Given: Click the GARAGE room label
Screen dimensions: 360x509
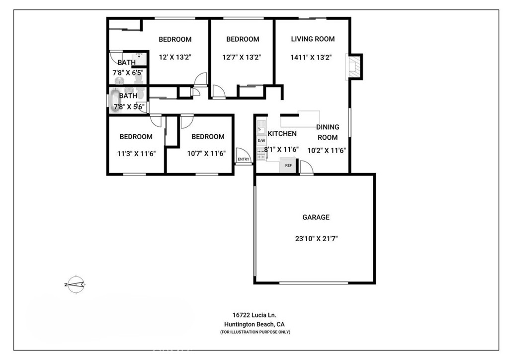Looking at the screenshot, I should coord(316,217).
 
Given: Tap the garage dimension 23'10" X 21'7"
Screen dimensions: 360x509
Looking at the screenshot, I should coord(316,238).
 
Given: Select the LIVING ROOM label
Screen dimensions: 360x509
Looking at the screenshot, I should coord(313,39).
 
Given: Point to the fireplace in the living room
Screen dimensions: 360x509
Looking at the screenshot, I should coord(354,66).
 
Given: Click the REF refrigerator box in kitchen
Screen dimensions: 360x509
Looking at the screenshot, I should coord(288,165).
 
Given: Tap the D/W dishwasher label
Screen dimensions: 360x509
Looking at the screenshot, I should coord(261,141).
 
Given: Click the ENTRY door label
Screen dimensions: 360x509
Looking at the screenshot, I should coord(244,159).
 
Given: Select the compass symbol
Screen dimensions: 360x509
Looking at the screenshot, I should coord(75,284).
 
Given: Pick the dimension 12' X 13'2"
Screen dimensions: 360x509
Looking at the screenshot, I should coord(175,57).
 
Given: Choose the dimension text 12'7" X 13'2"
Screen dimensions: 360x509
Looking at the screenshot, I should coord(242,57).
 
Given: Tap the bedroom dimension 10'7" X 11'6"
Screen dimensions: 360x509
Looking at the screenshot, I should coord(206,154).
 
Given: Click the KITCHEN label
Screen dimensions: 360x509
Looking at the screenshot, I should coord(282,133).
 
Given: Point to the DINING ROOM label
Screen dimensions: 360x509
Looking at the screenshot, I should coord(328,132).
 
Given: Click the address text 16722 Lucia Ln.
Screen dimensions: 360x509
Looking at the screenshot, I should coord(254,315).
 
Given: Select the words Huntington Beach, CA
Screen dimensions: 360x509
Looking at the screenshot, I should coord(254,324).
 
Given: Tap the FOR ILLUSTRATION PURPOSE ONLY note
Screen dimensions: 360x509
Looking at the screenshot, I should coord(255,332).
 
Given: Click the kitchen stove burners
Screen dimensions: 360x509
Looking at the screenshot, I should coord(261,153).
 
